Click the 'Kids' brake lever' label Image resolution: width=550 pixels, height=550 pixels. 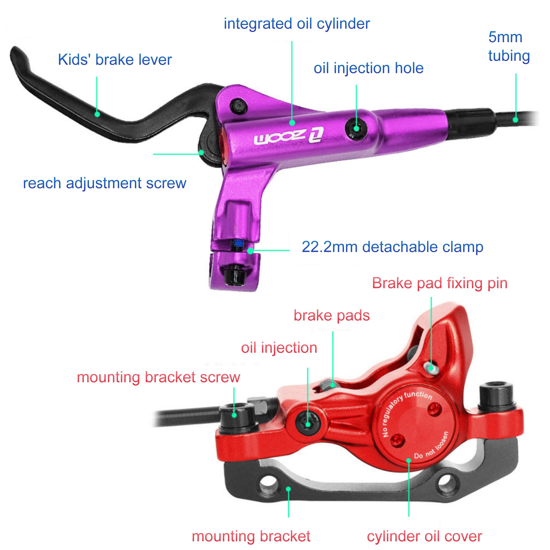point(115,60)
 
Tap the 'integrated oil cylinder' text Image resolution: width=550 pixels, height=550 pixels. point(297,24)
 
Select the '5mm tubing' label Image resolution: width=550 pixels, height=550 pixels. point(509,46)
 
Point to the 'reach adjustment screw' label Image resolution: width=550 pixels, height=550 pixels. point(105,183)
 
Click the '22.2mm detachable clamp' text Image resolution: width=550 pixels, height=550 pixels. point(393,247)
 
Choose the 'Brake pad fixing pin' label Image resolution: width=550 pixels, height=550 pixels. point(440,283)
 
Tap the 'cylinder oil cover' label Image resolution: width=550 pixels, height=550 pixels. point(425,536)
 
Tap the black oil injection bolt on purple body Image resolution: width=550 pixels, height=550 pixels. point(356,129)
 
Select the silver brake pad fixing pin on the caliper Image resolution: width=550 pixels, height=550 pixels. point(431,368)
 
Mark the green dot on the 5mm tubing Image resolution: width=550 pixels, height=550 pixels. point(515,120)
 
